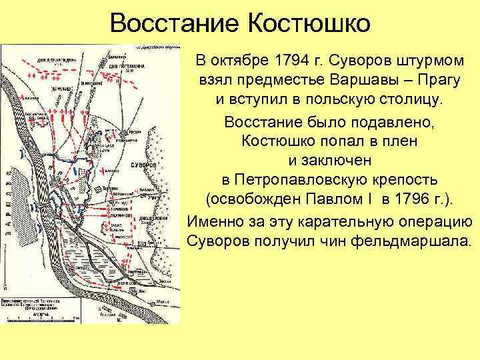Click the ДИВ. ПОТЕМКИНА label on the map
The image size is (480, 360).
(x=122, y=67)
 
